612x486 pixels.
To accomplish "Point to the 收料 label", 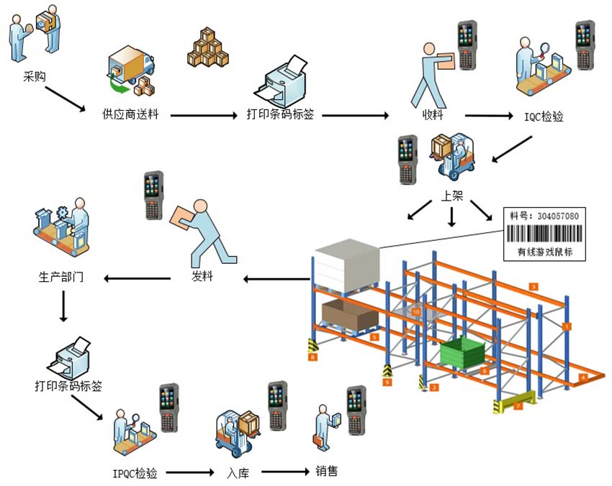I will pyautogui.click(x=432, y=115).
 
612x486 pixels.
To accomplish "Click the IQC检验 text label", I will pyautogui.click(x=544, y=116).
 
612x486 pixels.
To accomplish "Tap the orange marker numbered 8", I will pyautogui.click(x=312, y=356).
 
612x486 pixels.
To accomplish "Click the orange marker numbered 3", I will pyautogui.click(x=534, y=286).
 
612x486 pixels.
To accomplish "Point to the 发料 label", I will pyautogui.click(x=202, y=277).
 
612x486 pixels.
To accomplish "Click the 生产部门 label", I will pyautogui.click(x=61, y=277).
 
